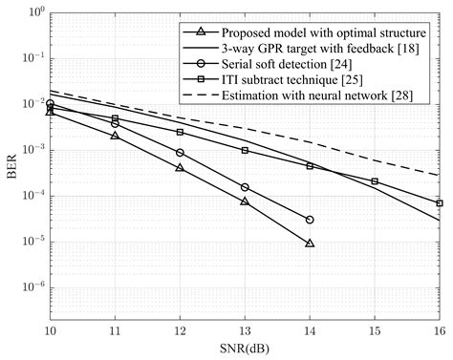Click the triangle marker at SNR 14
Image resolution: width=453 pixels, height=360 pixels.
(310, 243)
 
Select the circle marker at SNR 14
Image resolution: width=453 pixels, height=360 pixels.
(310, 220)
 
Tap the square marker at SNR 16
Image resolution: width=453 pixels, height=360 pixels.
(440, 203)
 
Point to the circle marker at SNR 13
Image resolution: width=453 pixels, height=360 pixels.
(245, 187)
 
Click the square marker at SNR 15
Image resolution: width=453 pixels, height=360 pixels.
(375, 181)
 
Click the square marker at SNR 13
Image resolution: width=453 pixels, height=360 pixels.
(245, 150)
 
